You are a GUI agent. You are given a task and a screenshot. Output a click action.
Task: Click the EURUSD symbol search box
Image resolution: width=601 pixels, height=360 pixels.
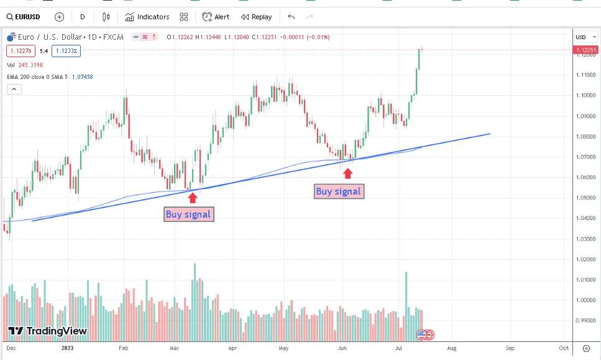(25, 17)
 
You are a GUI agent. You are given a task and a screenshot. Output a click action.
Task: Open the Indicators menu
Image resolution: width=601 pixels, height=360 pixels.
(147, 17)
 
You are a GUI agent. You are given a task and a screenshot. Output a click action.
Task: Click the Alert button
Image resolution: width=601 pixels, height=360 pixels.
(216, 17)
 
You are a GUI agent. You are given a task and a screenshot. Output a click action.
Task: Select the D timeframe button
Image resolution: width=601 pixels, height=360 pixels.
(82, 17)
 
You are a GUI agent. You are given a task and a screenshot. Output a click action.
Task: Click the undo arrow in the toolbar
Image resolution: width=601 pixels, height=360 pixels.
(291, 17)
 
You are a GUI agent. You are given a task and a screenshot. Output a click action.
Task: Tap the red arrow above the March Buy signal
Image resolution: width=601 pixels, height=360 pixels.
(193, 197)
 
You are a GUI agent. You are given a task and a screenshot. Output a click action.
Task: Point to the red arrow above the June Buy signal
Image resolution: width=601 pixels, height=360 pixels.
(348, 173)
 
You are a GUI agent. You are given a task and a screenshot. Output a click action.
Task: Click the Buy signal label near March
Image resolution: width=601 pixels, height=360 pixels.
(189, 215)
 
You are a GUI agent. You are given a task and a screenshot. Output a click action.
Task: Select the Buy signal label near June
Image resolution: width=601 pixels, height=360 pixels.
(338, 192)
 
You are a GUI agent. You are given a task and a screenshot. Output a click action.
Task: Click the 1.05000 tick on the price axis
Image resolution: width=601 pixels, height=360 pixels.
(585, 198)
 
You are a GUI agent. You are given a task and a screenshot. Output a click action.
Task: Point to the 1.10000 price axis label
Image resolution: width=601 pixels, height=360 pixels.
(585, 95)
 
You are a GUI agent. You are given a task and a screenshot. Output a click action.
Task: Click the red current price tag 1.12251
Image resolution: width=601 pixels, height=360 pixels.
(585, 50)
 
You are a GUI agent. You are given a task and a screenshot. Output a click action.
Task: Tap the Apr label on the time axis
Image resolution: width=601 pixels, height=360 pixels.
(232, 348)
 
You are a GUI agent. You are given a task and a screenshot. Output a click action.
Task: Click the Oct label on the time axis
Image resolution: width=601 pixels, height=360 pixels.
(564, 348)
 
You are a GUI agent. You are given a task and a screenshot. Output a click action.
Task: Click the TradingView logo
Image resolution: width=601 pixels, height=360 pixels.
(48, 331)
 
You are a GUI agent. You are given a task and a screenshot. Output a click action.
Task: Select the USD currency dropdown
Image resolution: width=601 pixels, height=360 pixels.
(584, 37)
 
